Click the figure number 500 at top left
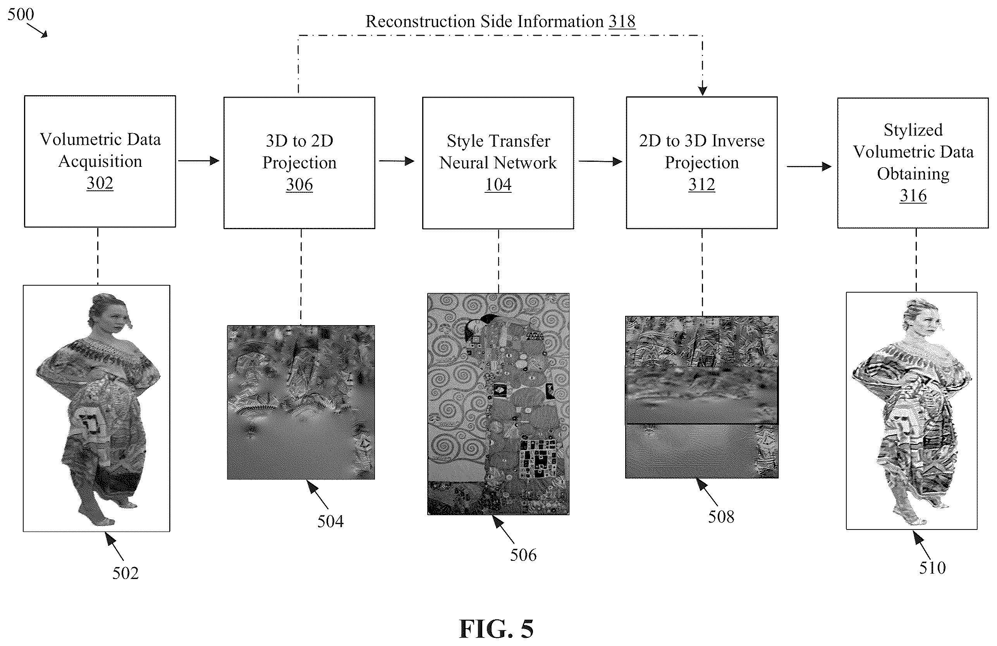pos(21,14)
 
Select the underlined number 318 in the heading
pos(622,21)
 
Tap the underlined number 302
pos(100,183)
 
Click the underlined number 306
pos(299,185)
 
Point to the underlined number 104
pos(498,185)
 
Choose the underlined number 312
pos(702,184)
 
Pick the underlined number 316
pos(913,195)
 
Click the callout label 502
pos(125,573)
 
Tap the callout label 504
pos(330,521)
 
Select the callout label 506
pos(523,555)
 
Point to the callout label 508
pos(721,517)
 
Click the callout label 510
pos(932,568)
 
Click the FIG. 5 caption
pos(497,629)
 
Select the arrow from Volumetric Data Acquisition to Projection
pos(199,161)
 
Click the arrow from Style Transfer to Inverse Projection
pos(600,161)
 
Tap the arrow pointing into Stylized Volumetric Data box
pos(809,167)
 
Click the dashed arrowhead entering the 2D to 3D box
pos(703,91)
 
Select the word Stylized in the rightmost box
pos(913,130)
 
